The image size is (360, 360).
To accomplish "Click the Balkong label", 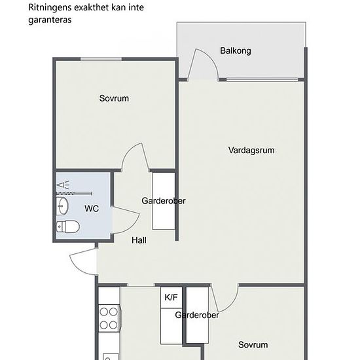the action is click(x=236, y=51).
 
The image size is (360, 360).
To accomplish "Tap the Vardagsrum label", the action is click(x=251, y=151).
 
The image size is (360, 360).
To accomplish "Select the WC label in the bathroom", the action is click(x=92, y=208).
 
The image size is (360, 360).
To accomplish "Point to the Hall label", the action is click(x=139, y=240).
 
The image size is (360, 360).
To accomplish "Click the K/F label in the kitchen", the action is click(x=171, y=297).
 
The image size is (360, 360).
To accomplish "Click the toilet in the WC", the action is click(x=68, y=226).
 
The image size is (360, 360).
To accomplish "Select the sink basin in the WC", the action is click(x=62, y=206).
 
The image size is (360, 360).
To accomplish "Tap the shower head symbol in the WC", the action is click(x=63, y=185).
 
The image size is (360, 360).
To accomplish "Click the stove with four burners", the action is click(x=109, y=318).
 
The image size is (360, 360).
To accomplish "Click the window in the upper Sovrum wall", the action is click(x=101, y=59).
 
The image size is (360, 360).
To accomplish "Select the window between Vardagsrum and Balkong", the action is click(x=262, y=80).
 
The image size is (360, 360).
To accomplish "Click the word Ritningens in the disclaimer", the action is click(x=50, y=8).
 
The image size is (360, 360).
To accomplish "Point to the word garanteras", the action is click(x=50, y=20).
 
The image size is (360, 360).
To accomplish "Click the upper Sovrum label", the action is click(x=114, y=98).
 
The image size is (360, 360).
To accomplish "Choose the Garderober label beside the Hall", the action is click(x=164, y=201).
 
